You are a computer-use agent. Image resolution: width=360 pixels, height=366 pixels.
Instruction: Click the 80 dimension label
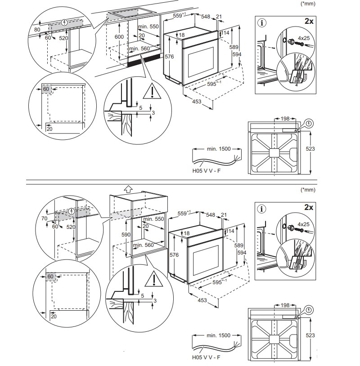tap(37, 30)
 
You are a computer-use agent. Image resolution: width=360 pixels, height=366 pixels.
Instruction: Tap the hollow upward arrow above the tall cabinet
tap(128, 189)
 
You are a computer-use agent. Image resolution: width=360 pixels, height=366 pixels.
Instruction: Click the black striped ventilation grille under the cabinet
tap(143, 62)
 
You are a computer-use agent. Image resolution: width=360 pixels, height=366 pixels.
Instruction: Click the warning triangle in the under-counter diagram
tap(153, 92)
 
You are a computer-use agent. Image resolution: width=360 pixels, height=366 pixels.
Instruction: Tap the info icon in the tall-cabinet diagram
tap(262, 209)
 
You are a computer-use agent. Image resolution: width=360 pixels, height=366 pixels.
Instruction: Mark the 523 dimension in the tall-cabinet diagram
tap(310, 335)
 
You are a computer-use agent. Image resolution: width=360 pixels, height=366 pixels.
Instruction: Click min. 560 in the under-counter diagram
tap(139, 48)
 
